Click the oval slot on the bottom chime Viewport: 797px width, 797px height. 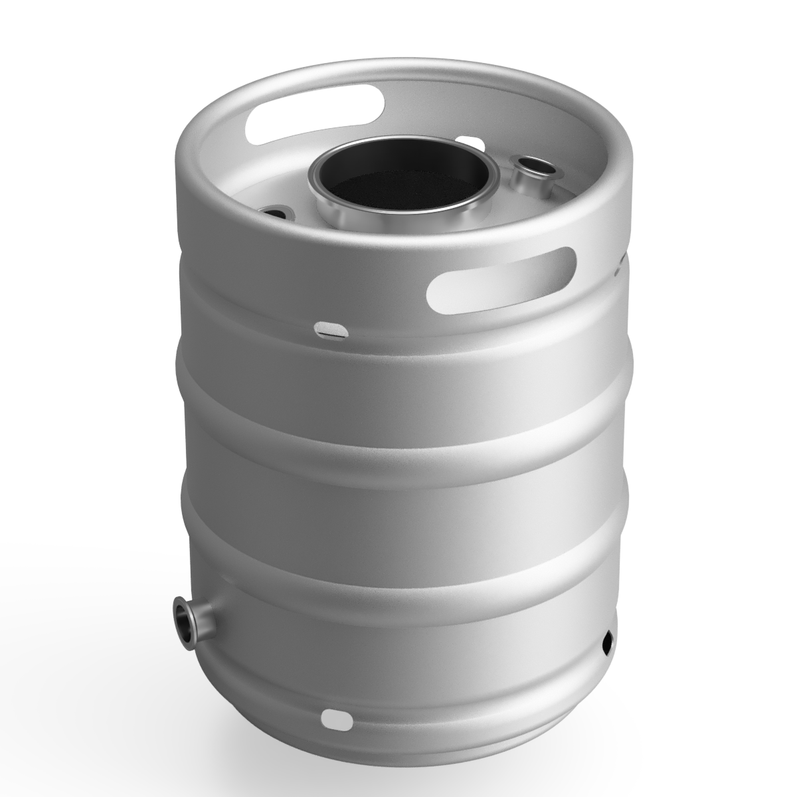coord(338,717)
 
